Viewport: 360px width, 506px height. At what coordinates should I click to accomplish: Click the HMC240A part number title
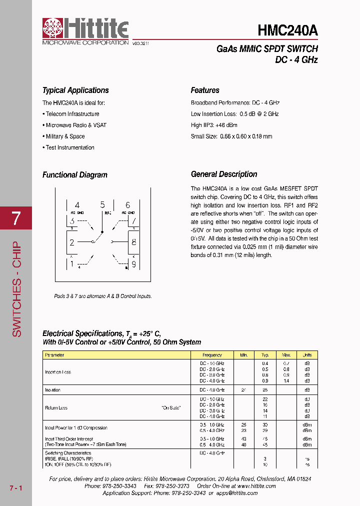(x=287, y=30)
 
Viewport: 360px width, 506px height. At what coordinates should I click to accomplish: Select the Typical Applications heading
(x=75, y=90)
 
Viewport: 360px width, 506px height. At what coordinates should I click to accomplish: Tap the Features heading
(x=205, y=90)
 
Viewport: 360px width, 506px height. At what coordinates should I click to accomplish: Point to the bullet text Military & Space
(x=65, y=136)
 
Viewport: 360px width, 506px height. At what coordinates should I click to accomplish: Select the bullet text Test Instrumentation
(x=70, y=147)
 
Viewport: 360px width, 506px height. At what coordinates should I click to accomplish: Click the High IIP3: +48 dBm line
(x=214, y=125)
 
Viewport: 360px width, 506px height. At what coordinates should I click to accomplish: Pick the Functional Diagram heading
(x=75, y=175)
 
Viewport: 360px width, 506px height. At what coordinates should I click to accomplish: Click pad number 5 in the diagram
(x=102, y=204)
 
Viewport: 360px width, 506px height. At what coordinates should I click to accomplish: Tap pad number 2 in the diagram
(x=72, y=242)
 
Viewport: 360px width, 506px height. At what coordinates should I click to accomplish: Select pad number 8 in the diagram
(x=133, y=242)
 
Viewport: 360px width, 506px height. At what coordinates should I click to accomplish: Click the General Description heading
(x=224, y=174)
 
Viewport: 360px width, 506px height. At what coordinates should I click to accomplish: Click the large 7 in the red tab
(x=16, y=218)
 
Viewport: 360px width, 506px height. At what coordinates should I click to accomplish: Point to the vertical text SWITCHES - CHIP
(x=16, y=289)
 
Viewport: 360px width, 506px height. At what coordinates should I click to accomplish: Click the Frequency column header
(x=212, y=355)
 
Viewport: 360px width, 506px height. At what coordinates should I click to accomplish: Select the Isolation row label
(x=52, y=389)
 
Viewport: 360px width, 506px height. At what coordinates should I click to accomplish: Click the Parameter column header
(x=54, y=355)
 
